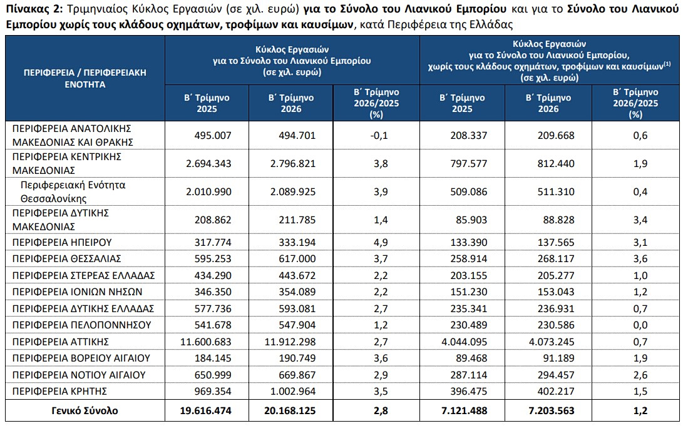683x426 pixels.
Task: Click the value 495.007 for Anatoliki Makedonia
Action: (x=213, y=135)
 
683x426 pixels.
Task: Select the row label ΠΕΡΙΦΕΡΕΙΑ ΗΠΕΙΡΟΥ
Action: (x=62, y=242)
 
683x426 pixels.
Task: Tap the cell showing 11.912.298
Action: (x=290, y=342)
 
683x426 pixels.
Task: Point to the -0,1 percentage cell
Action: (x=379, y=135)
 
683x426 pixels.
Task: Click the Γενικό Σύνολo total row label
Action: (x=85, y=411)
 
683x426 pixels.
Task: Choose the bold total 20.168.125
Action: (x=290, y=411)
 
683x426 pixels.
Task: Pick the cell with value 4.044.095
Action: (x=464, y=342)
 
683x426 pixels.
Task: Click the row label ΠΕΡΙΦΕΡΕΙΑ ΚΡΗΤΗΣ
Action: (x=59, y=391)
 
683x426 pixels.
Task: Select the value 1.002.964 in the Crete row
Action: (x=293, y=391)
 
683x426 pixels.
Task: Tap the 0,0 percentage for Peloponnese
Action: (x=640, y=325)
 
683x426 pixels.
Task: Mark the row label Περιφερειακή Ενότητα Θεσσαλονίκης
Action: (x=73, y=192)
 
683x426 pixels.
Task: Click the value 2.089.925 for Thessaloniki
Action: (x=293, y=192)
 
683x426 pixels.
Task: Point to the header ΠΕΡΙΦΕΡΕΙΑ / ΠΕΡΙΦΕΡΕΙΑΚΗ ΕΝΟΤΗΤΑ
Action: (x=85, y=78)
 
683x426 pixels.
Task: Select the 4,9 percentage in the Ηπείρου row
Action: (x=381, y=242)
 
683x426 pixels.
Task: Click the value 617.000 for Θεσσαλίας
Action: (x=297, y=259)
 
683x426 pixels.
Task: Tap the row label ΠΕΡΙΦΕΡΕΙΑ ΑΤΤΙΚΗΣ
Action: (x=61, y=342)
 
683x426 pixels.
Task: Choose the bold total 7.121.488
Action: (x=464, y=411)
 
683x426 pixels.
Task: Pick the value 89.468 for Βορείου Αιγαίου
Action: (x=469, y=358)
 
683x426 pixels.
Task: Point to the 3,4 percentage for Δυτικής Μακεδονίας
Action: (x=640, y=220)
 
